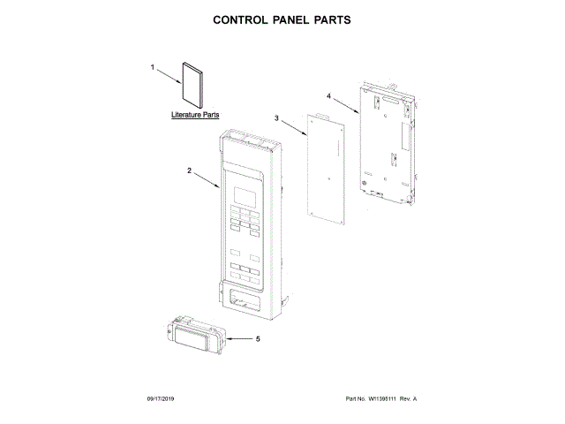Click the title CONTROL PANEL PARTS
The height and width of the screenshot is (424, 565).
pos(282,19)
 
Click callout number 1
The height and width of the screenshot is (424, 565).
pos(153,67)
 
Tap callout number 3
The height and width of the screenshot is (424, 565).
pos(276,117)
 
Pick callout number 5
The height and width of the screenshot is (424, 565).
pos(258,338)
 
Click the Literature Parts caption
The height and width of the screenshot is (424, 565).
pos(196,116)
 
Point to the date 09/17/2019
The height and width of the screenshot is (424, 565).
pos(163,399)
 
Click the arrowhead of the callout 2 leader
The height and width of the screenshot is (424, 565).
pos(220,186)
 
